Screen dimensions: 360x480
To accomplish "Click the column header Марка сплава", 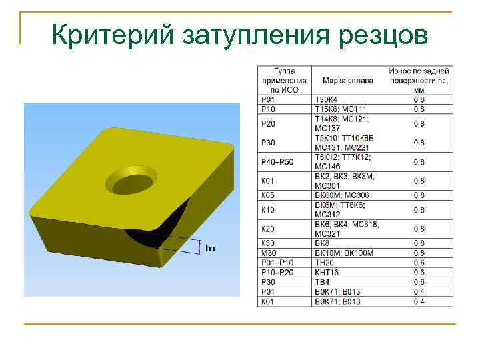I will pyautogui.click(x=347, y=81).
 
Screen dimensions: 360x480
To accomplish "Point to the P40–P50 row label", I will pyautogui.click(x=275, y=161).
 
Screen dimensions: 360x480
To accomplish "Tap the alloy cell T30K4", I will pyautogui.click(x=327, y=100).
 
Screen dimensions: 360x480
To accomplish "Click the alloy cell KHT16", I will pyautogui.click(x=327, y=272).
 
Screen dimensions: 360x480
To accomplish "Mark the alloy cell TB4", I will pyautogui.click(x=323, y=282).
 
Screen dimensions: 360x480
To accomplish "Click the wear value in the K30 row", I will pyautogui.click(x=419, y=243).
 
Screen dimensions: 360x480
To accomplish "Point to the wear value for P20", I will pyautogui.click(x=419, y=123).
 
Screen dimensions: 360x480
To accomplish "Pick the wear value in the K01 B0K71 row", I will pyautogui.click(x=419, y=301).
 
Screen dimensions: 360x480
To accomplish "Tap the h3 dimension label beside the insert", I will pyautogui.click(x=210, y=248).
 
